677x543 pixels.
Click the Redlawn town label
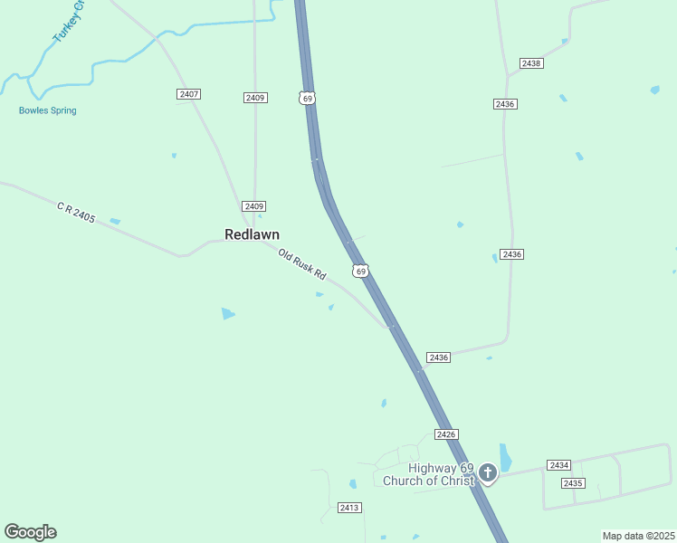click(252, 234)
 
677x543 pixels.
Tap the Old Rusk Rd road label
click(301, 263)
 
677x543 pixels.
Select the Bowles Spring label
click(47, 110)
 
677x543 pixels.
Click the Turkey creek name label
click(68, 20)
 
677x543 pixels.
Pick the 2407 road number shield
click(188, 94)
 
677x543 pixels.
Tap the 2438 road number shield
click(531, 63)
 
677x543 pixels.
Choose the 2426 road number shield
click(445, 434)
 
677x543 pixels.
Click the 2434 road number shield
click(558, 464)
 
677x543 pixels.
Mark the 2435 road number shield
click(572, 483)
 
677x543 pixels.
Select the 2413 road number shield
click(350, 508)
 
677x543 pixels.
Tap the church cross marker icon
click(488, 472)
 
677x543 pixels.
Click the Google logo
click(30, 532)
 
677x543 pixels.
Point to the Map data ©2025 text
click(638, 536)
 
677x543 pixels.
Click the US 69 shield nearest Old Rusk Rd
click(360, 271)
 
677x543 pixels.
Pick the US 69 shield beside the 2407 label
click(307, 97)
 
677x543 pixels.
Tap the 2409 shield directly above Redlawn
click(254, 206)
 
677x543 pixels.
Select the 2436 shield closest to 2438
click(505, 104)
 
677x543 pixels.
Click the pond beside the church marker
click(505, 456)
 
